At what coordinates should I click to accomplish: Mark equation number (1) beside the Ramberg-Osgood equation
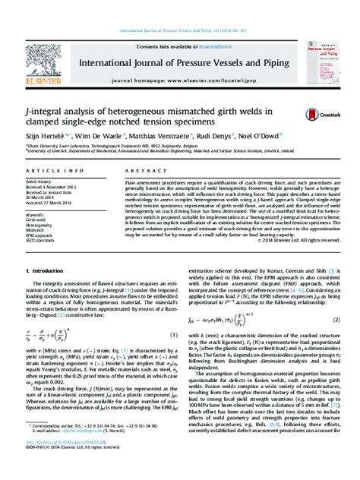click(x=173, y=314)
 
